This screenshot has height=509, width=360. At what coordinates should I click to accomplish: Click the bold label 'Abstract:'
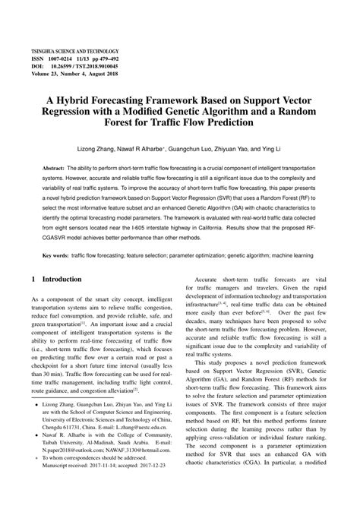click(x=54, y=166)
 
